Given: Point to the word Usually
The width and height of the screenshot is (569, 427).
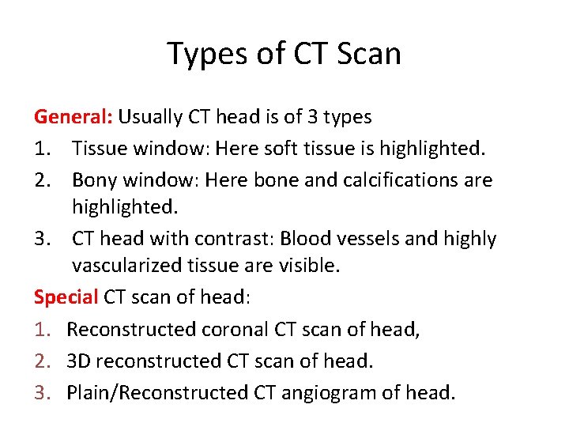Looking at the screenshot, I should click(151, 118).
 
